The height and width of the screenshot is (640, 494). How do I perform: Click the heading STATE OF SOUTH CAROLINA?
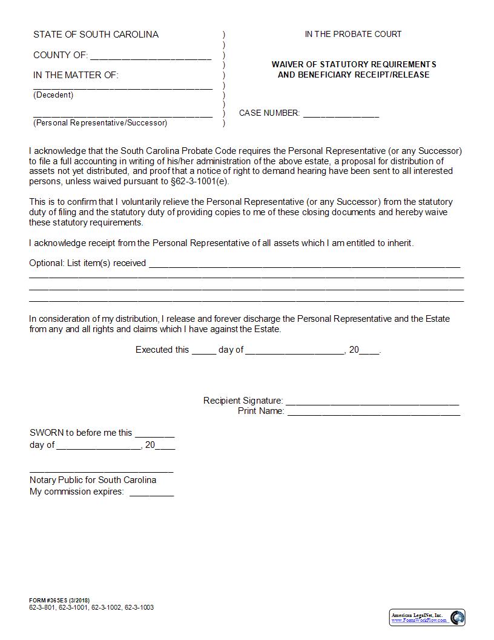point(96,35)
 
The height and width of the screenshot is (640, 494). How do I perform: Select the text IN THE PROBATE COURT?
point(353,35)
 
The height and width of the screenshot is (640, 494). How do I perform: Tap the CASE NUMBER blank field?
point(341,114)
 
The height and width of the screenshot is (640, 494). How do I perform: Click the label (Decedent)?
point(53,95)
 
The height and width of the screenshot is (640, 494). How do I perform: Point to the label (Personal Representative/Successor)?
point(100,123)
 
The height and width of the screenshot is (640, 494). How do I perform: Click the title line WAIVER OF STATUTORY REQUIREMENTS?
point(354,64)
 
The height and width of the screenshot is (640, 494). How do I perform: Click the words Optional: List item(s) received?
point(88,263)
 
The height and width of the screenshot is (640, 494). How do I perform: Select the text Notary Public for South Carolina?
point(93,480)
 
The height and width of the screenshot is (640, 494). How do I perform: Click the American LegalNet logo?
point(427,618)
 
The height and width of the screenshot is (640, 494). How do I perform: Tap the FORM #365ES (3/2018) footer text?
point(59,601)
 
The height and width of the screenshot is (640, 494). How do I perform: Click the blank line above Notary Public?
point(101,470)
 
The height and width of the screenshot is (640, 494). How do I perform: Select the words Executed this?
point(162,350)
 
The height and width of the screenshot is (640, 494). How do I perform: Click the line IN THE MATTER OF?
point(76,75)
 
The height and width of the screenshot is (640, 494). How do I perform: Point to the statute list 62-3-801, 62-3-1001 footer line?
point(91,607)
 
